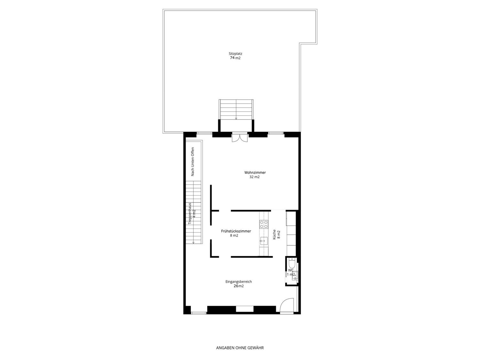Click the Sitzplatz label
pos(235,53)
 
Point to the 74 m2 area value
pos(235,58)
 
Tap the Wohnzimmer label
pos(255,172)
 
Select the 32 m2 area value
pos(254,177)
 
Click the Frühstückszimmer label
pos(236,231)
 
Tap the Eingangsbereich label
pos(239,282)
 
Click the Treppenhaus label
pos(190,213)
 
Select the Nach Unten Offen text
pos(193,162)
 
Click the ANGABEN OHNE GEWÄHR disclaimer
pos(240,348)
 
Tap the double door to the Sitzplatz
pos(240,137)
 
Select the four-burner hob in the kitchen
pos(264,225)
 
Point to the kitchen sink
pos(264,242)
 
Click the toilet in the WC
pos(292,264)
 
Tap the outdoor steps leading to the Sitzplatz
pos(236,109)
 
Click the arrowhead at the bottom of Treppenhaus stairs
pos(193,243)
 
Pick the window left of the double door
pos(204,133)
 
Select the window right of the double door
pos(276,133)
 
